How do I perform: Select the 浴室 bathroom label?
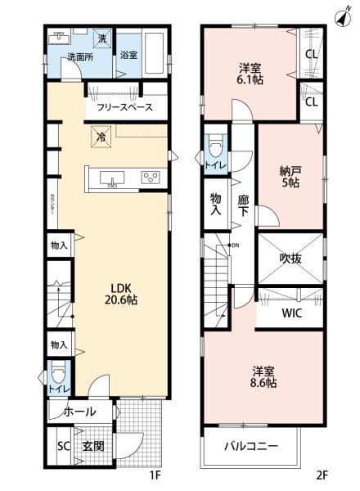[x=128, y=56]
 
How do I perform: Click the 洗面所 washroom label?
[x=79, y=57]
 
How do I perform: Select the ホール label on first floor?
[x=79, y=412]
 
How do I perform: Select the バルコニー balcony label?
[x=251, y=446]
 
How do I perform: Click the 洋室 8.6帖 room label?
[x=263, y=375]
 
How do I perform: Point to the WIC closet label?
[x=292, y=313]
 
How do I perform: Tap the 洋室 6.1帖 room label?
[x=250, y=74]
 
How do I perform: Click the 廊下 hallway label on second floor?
[x=243, y=205]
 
